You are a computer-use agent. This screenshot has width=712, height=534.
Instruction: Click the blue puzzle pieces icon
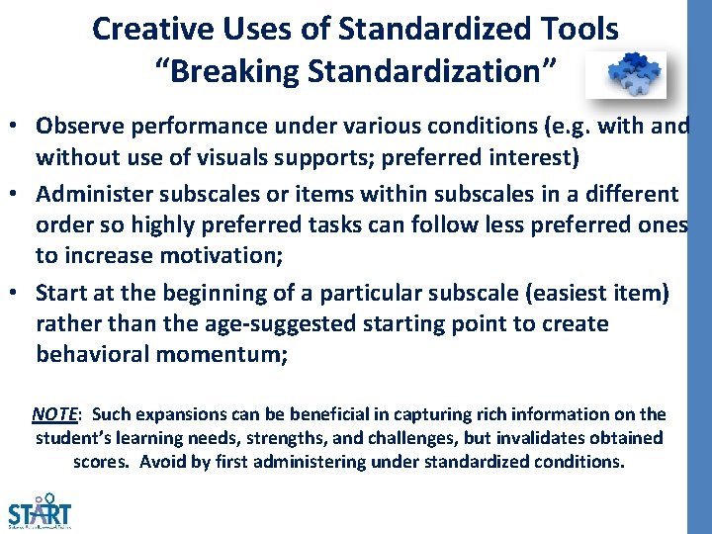click(627, 74)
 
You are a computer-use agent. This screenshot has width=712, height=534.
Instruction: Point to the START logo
click(40, 511)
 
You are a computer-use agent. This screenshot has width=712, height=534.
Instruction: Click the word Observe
click(84, 127)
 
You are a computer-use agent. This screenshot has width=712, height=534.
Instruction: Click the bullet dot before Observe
click(18, 128)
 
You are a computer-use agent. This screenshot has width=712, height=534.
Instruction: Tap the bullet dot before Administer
click(18, 195)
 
